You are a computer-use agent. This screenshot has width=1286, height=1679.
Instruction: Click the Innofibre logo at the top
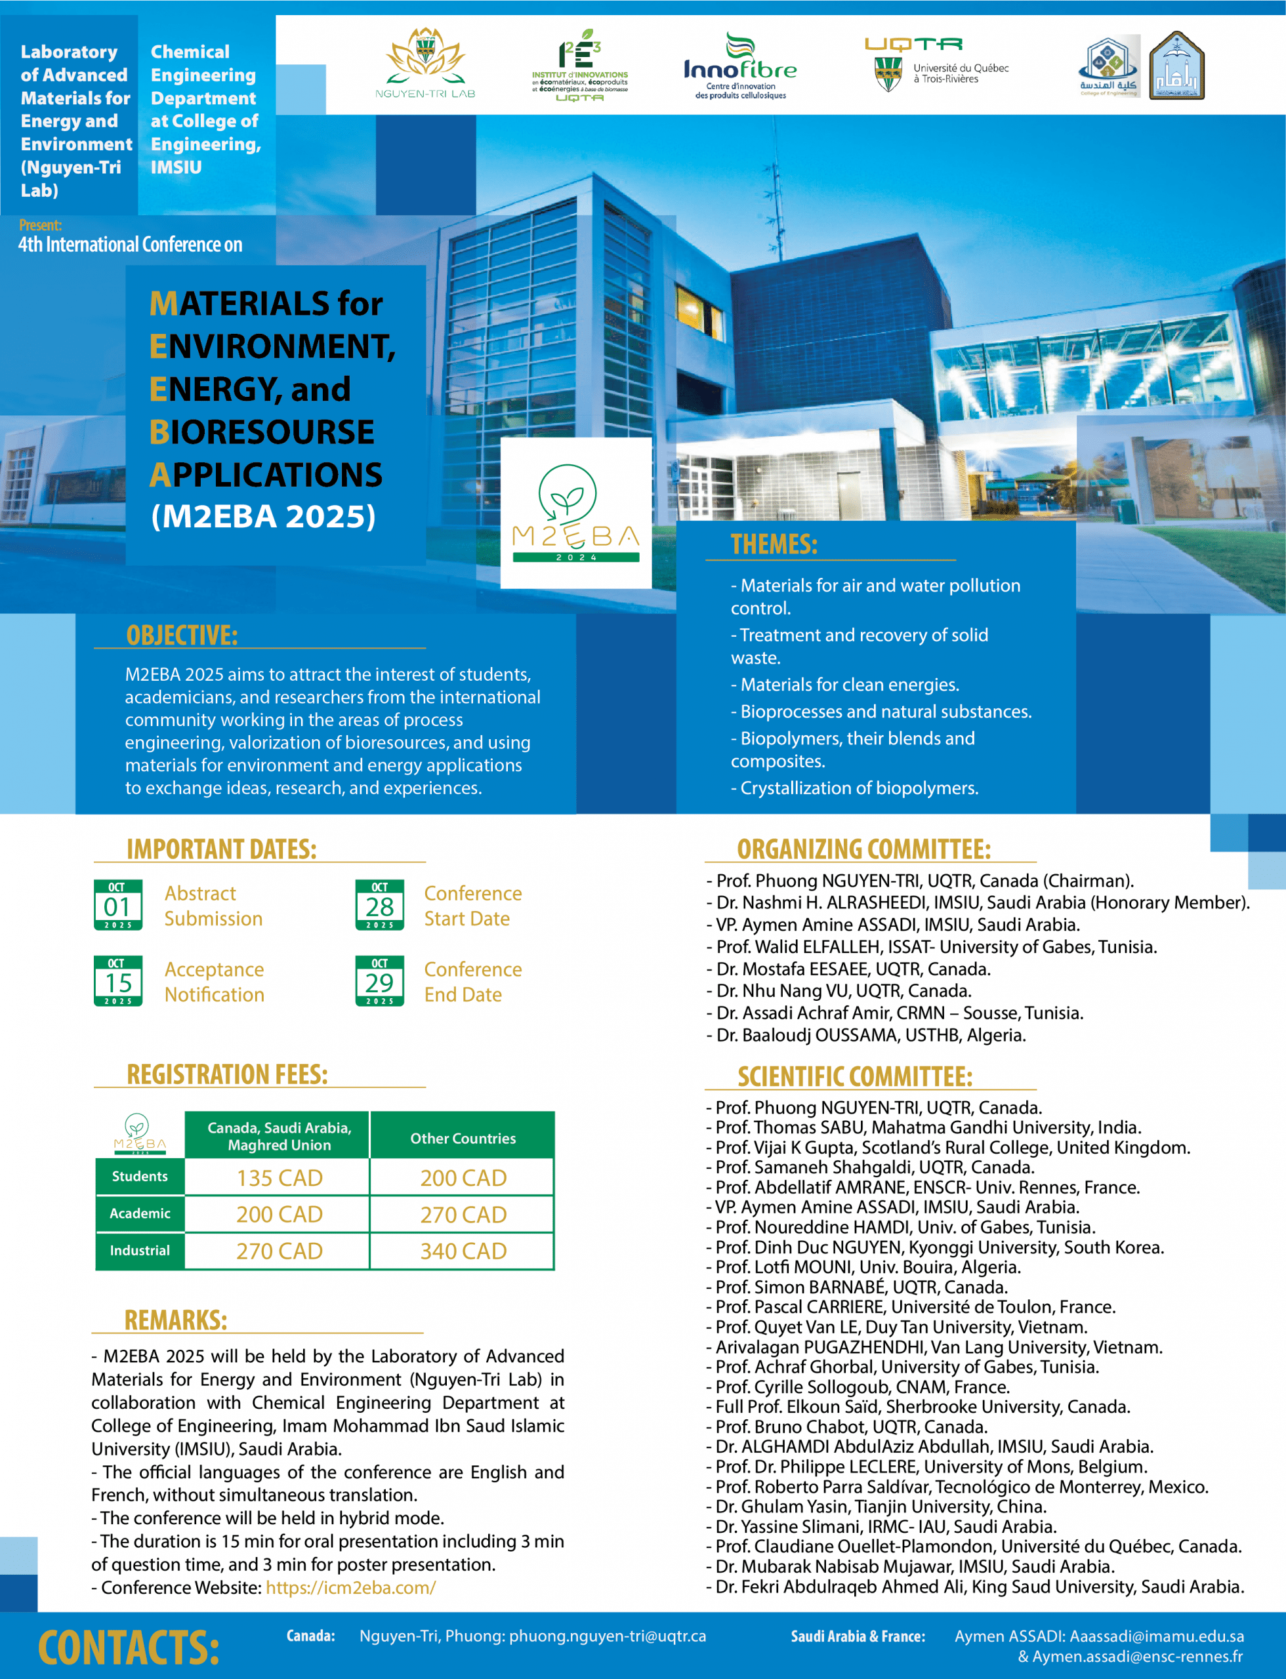click(x=739, y=67)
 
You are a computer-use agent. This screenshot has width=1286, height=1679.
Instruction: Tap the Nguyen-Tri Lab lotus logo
click(x=425, y=63)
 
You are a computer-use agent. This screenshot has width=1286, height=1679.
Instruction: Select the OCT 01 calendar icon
click(x=118, y=905)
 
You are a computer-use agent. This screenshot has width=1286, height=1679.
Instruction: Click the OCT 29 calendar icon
click(x=380, y=981)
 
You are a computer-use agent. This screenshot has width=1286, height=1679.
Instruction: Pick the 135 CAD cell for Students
click(x=280, y=1178)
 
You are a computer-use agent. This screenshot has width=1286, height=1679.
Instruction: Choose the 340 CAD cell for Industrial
click(x=463, y=1251)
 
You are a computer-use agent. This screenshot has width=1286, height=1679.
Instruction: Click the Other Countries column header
click(x=463, y=1138)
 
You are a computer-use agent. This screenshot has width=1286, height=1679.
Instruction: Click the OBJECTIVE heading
click(x=182, y=635)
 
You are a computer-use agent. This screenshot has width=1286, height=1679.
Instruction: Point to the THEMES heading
click(x=774, y=544)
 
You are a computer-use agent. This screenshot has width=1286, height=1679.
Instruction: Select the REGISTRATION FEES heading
click(x=227, y=1074)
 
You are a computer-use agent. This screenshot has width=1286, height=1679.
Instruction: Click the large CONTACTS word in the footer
click(x=129, y=1647)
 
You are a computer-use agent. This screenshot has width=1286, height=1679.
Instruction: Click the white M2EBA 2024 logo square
click(x=575, y=513)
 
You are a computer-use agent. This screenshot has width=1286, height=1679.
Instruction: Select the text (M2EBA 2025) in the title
click(x=263, y=517)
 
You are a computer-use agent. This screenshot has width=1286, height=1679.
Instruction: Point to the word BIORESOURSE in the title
click(x=262, y=432)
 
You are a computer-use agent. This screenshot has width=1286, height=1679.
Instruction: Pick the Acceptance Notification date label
click(x=215, y=982)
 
